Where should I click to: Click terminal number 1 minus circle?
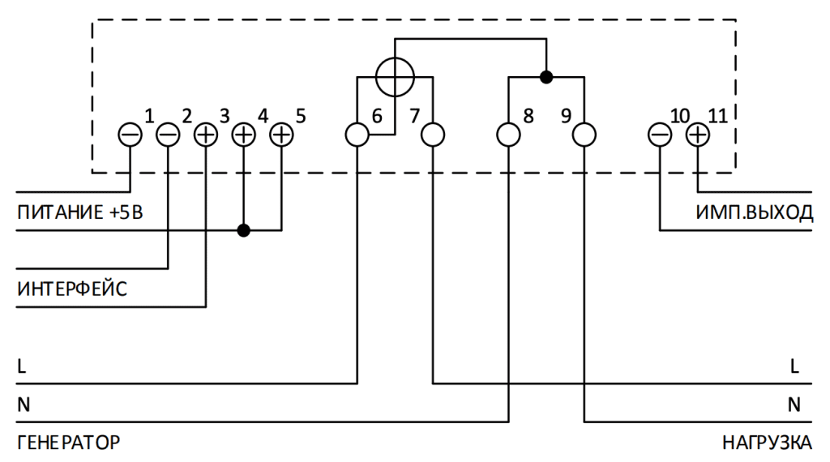point(130,135)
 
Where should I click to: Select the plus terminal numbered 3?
point(206,135)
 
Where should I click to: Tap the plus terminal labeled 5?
point(281,135)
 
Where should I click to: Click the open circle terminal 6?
point(357,135)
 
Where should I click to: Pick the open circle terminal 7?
point(433,135)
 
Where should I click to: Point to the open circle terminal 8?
point(509,135)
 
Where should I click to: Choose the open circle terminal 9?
point(584,135)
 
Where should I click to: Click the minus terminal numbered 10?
point(660,135)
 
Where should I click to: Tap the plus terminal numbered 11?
point(698,135)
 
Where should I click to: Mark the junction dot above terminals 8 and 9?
point(546,77)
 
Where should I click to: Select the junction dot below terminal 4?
point(243,230)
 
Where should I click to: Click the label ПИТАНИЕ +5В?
point(80,212)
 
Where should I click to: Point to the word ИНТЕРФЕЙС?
point(72,289)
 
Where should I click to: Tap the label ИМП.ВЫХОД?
point(754,212)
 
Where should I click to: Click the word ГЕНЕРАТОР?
point(69,443)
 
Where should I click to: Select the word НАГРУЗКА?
point(767,443)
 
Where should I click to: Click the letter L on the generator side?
point(22,366)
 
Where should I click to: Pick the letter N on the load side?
point(794,404)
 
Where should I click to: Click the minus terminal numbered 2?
point(168,135)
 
